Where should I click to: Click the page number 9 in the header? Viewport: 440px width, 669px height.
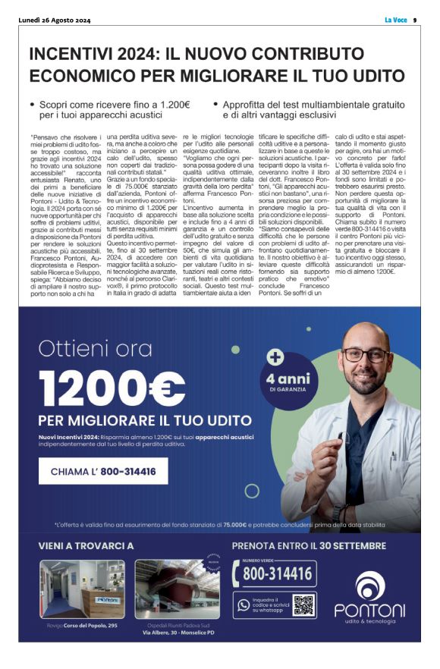pyautogui.click(x=415, y=20)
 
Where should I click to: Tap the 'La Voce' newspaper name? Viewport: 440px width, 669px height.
pyautogui.click(x=396, y=20)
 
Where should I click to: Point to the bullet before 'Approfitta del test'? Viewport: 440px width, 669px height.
pyautogui.click(x=216, y=104)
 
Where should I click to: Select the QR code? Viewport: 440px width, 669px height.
pyautogui.click(x=303, y=605)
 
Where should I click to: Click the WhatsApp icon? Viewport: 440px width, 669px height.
pyautogui.click(x=243, y=605)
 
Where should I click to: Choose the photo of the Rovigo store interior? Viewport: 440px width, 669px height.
pyautogui.click(x=82, y=589)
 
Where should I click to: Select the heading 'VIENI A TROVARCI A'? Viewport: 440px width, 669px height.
pyautogui.click(x=86, y=546)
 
